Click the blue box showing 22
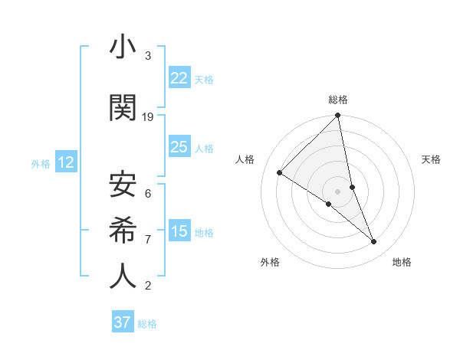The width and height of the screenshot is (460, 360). click(179, 77)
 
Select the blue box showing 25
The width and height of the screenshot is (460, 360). click(179, 147)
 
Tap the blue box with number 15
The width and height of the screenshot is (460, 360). click(179, 231)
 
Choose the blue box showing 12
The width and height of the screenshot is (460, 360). click(65, 162)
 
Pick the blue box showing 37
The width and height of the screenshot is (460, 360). click(123, 322)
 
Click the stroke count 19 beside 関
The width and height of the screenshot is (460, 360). click(148, 117)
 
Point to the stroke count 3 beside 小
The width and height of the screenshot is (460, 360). click(148, 56)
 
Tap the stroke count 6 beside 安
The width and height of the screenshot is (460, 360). click(148, 194)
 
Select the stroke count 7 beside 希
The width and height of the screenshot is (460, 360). click(148, 240)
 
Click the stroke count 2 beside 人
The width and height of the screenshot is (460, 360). click(148, 286)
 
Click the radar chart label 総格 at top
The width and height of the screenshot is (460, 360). click(337, 100)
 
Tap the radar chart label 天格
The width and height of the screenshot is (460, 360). click(432, 159)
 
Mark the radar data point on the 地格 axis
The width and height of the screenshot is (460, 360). click(374, 242)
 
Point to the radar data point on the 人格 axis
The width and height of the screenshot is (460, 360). click(280, 172)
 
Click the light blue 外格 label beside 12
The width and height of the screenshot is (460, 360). click(41, 163)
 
